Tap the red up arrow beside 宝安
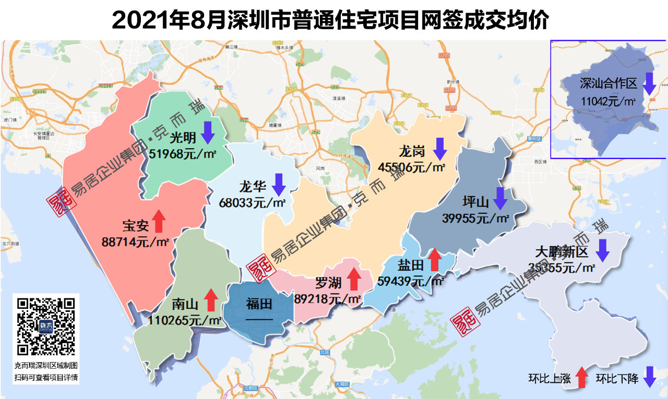click(159, 221)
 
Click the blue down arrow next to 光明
click(208, 132)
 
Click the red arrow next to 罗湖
click(354, 279)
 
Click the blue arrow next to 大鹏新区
click(603, 250)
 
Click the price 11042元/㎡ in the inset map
click(608, 101)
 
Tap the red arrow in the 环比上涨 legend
click(581, 377)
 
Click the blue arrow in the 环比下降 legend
click(649, 377)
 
